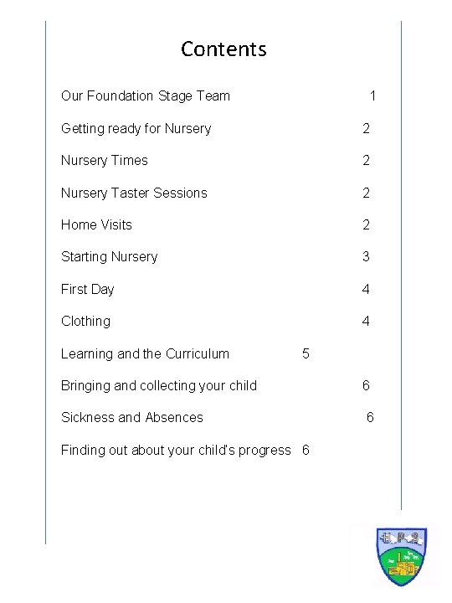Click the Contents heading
coord(223,49)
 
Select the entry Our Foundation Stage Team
coord(145,95)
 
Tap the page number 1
coord(373,96)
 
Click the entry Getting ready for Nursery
coord(136,128)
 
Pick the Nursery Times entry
coord(104,160)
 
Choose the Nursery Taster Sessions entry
coord(134,193)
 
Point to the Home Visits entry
coord(96,224)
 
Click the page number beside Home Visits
coord(366,224)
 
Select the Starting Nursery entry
coord(109,256)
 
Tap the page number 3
coord(366,256)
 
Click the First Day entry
coord(87,289)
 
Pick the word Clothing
coord(85,321)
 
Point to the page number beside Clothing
coord(366,321)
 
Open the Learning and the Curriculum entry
coord(145,353)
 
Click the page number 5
coord(306,353)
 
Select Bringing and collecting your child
coord(159,385)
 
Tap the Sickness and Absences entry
coord(131,417)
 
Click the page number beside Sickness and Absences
coord(371,417)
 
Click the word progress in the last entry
coord(265,450)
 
